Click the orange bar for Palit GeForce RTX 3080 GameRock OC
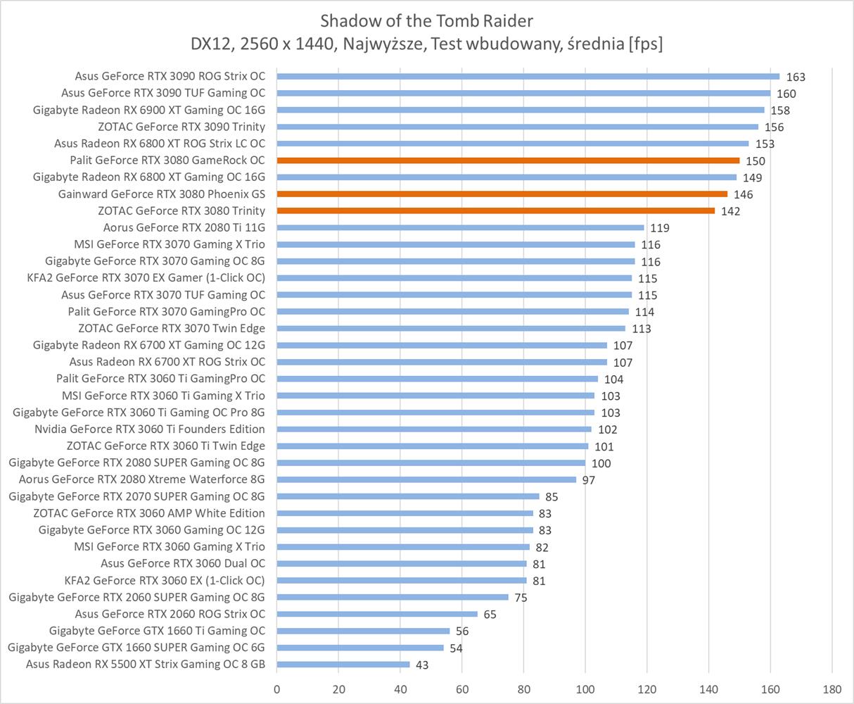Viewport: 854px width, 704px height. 508,161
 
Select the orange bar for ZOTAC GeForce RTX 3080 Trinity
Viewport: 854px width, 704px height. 496,210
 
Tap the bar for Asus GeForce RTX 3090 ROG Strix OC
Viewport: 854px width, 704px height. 528,76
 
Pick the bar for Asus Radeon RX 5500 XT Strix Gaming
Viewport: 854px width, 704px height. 343,665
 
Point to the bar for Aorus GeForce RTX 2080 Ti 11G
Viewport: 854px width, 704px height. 460,227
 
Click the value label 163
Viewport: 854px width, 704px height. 796,77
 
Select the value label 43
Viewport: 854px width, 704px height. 421,665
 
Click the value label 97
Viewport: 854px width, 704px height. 589,480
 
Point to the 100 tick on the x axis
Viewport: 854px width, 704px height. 585,688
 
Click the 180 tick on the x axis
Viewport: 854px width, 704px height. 832,688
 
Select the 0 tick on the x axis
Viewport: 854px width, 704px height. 277,688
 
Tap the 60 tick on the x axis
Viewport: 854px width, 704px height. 462,688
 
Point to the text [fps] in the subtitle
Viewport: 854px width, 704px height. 644,44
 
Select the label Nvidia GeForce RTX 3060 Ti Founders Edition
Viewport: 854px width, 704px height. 150,429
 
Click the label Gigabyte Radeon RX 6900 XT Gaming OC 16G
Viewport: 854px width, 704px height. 149,110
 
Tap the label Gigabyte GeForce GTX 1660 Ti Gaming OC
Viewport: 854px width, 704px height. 157,631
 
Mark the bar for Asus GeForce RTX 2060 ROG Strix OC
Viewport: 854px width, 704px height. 377,614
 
